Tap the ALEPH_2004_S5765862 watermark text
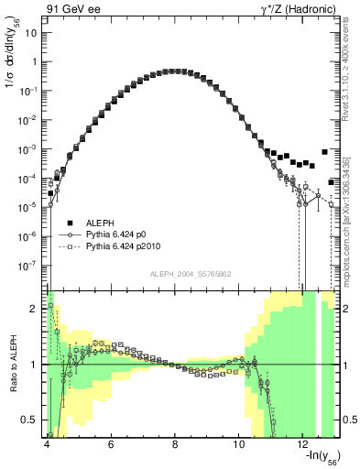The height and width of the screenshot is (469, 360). coord(191,274)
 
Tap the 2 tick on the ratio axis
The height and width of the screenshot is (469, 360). coord(37,309)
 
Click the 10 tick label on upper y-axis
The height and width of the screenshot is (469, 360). coord(33,33)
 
